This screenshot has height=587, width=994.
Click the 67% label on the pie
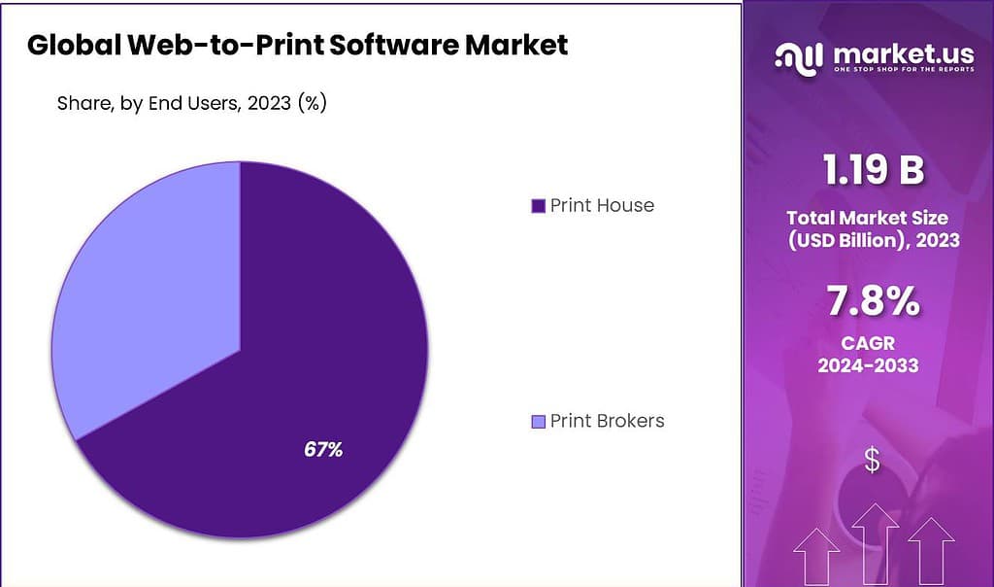pos(322,450)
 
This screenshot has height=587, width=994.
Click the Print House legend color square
pos(538,206)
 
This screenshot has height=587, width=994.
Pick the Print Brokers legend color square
pos(538,422)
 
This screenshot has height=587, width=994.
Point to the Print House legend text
pos(602,205)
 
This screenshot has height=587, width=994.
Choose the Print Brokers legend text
pos(607,421)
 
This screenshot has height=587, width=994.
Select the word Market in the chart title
pos(520,45)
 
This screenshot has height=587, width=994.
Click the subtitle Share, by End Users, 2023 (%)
pos(191,103)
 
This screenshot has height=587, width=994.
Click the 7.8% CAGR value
pos(872,303)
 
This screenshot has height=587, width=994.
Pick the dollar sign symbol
pos(872,460)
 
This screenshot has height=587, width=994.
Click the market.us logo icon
pos(797,56)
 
